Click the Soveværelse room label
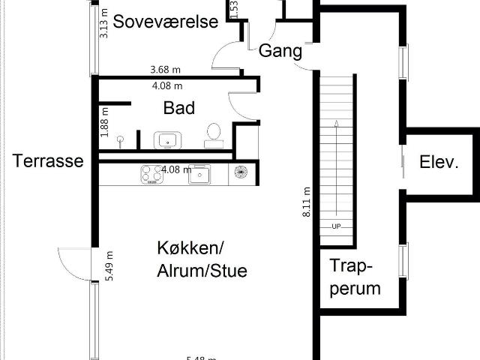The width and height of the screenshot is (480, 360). pyautogui.click(x=166, y=20)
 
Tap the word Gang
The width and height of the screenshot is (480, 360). pyautogui.click(x=280, y=51)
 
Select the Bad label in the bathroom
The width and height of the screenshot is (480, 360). pyautogui.click(x=179, y=108)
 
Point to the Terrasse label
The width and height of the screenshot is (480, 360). pyautogui.click(x=47, y=161)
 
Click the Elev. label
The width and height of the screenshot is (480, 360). pyautogui.click(x=439, y=161)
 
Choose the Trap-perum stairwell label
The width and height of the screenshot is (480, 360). pyautogui.click(x=355, y=277)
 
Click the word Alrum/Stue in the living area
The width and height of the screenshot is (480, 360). pyautogui.click(x=202, y=270)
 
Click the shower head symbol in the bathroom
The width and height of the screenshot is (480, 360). pyautogui.click(x=120, y=138)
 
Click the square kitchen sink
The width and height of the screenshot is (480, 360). pyautogui.click(x=200, y=174)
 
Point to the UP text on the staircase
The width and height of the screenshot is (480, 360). pyautogui.click(x=336, y=226)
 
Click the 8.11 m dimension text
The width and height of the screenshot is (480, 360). pyautogui.click(x=306, y=201)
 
